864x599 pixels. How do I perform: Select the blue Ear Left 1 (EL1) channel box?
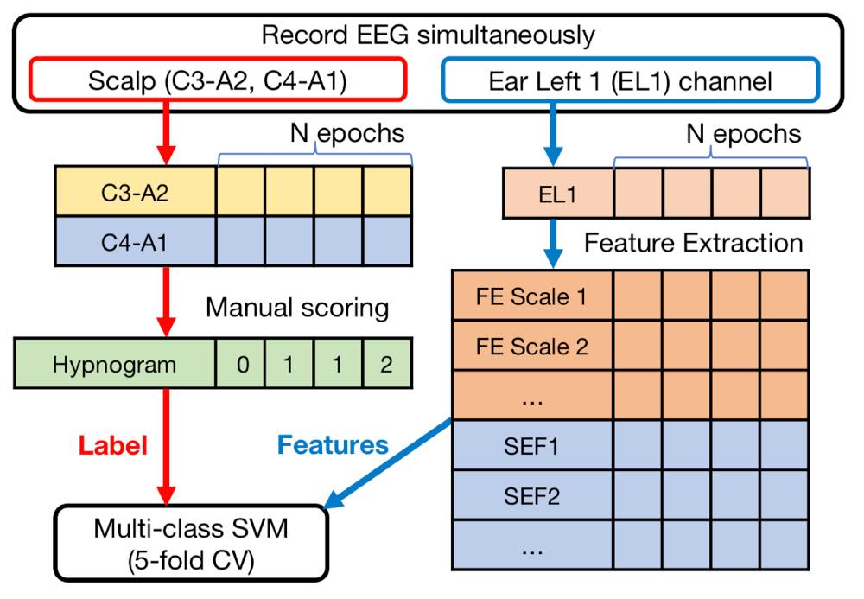pyautogui.click(x=630, y=83)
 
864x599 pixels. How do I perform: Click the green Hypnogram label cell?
pyautogui.click(x=115, y=364)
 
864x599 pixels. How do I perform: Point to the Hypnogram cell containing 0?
pyautogui.click(x=242, y=364)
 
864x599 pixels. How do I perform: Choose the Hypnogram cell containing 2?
pyautogui.click(x=385, y=364)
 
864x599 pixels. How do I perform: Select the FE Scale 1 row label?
pyautogui.click(x=531, y=297)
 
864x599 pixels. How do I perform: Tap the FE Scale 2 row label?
pyautogui.click(x=531, y=347)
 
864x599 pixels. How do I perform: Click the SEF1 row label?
pyautogui.click(x=531, y=447)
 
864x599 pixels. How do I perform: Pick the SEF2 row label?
pyautogui.click(x=531, y=496)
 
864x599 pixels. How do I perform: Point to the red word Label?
pyautogui.click(x=113, y=444)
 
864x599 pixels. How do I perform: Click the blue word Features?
pyautogui.click(x=333, y=444)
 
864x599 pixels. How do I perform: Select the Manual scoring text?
pyautogui.click(x=297, y=307)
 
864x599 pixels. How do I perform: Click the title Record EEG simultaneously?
pyautogui.click(x=429, y=35)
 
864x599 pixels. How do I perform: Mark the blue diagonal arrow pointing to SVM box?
pyautogui.click(x=393, y=464)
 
